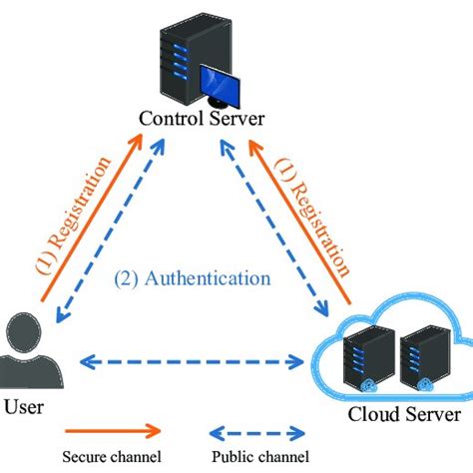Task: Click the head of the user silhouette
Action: (22, 329)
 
